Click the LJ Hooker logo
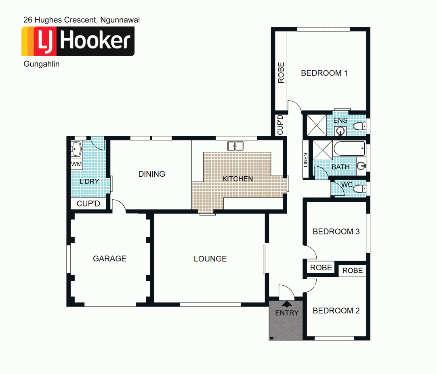(x=78, y=41)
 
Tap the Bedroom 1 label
(x=324, y=73)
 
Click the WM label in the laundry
(x=76, y=164)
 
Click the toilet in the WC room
(x=358, y=188)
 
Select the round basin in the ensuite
(x=341, y=130)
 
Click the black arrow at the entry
(x=287, y=305)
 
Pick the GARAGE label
(x=109, y=259)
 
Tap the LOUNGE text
(x=210, y=259)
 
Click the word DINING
(x=151, y=174)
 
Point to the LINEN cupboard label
(x=306, y=160)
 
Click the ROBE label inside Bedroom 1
(x=281, y=73)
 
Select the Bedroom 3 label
(x=336, y=232)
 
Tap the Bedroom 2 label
(x=336, y=311)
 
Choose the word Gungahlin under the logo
(x=42, y=64)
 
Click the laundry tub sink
(x=76, y=149)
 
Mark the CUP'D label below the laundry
(x=88, y=204)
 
